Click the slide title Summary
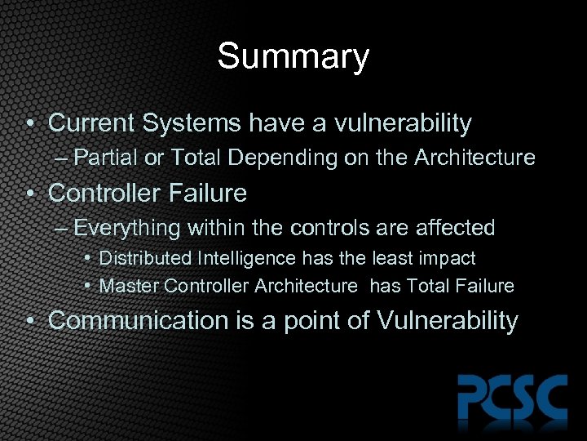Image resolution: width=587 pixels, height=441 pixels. pos(293,57)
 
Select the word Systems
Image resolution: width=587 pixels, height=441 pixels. pos(192,123)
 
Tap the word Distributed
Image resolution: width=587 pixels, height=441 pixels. pos(145,259)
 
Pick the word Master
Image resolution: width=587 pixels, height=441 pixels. pos(129,286)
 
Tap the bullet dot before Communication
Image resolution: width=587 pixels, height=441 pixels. pos(30,321)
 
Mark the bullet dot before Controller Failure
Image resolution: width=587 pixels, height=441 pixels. pos(30,194)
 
